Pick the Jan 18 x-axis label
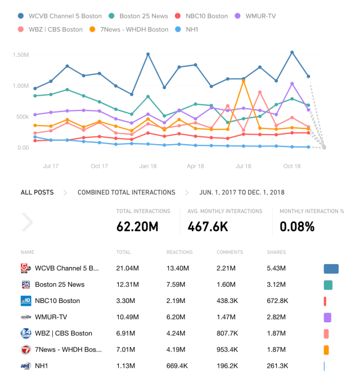coord(148,166)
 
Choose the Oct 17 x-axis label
coord(100,166)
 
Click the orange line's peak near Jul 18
coord(244,81)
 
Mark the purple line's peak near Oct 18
coord(292,83)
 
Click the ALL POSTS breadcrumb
coord(37,193)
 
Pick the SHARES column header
coord(276,252)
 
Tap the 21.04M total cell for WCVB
coord(128,268)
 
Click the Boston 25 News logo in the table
coord(25,284)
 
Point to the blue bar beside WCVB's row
coord(331,269)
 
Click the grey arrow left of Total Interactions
coord(28,222)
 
